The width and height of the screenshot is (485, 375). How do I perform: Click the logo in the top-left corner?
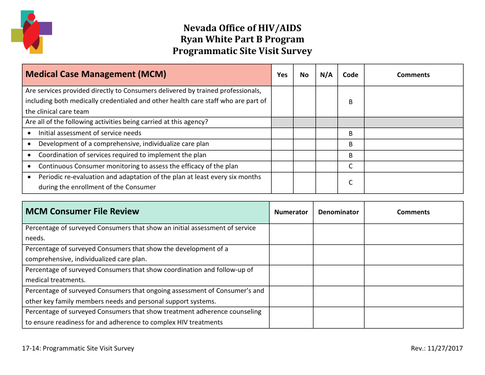31,32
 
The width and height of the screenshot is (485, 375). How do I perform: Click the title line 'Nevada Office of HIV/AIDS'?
242,28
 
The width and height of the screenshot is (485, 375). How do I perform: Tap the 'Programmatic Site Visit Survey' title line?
242,51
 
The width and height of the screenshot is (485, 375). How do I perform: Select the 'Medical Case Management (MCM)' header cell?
147,74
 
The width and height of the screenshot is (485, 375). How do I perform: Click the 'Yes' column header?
282,75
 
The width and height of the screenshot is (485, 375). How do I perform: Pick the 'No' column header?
304,75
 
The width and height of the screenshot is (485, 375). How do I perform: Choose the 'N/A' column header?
326,75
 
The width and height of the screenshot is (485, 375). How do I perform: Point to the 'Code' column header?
350,75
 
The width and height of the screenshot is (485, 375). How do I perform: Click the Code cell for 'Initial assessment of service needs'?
350,133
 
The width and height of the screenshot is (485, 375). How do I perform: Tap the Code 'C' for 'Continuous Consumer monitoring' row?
350,166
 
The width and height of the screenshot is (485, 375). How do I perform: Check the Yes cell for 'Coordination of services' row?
282,155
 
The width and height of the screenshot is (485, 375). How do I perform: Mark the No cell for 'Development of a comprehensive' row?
304,144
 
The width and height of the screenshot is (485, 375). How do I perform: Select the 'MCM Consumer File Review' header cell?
145,212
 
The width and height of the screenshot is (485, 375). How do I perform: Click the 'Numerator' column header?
291,212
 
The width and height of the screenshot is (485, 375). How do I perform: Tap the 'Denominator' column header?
338,212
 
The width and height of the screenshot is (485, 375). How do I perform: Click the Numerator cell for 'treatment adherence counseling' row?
291,317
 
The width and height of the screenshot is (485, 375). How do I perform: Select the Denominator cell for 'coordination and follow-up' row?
338,275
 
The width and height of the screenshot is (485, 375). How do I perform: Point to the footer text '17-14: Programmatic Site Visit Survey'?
78,348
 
